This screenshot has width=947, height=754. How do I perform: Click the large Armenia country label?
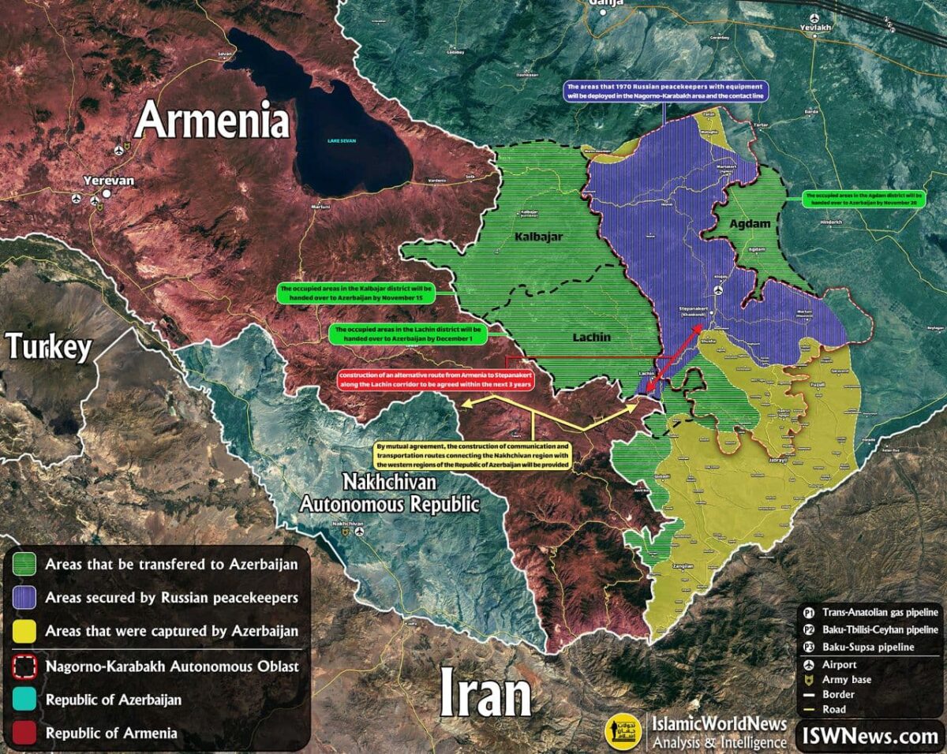click(x=211, y=121)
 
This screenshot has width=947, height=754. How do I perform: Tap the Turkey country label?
click(x=48, y=346)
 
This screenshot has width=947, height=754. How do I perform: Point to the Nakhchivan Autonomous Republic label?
click(x=389, y=493)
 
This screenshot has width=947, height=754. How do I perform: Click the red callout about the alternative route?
click(x=436, y=379)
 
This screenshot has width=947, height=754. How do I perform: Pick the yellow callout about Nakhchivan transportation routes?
click(x=473, y=456)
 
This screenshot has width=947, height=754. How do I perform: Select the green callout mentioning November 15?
click(x=355, y=293)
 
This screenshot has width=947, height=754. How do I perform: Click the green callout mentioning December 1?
click(x=407, y=334)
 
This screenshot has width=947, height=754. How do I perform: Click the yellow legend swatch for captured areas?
click(x=26, y=631)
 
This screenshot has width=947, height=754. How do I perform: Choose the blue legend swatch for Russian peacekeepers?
click(x=26, y=598)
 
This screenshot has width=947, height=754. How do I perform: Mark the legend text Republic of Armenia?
click(x=111, y=733)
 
